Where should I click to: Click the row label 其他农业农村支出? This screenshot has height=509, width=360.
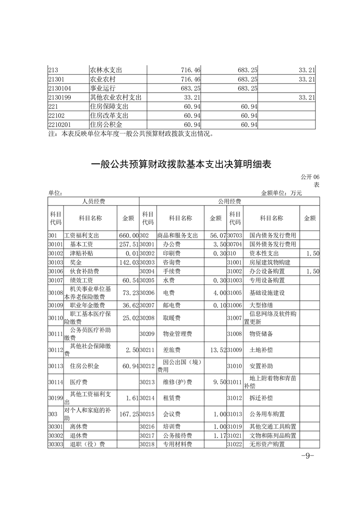pyautogui.click(x=116, y=97)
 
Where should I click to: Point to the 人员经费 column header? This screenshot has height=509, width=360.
pyautogui.click(x=93, y=201)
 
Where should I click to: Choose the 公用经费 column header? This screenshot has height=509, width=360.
pyautogui.click(x=229, y=201)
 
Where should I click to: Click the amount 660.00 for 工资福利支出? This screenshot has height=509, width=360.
pyautogui.click(x=128, y=236)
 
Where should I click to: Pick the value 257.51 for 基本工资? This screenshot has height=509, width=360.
pyautogui.click(x=128, y=245)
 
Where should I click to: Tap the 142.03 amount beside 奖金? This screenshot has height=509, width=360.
pyautogui.click(x=128, y=262)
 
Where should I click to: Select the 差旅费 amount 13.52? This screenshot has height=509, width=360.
pyautogui.click(x=216, y=350)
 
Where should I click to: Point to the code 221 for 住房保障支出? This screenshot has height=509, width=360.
pyautogui.click(x=54, y=106)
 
